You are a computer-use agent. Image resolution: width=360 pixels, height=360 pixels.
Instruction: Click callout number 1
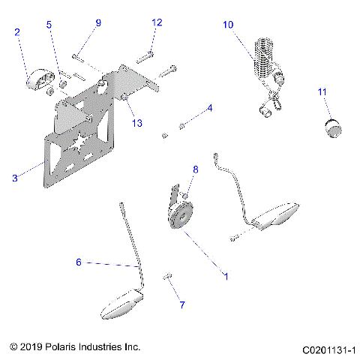pos(226,275)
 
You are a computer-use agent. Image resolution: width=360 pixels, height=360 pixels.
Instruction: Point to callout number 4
pos(210,108)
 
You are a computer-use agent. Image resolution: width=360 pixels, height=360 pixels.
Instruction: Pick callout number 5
pos(49,25)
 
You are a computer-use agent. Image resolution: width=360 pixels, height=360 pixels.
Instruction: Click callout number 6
pos(78,262)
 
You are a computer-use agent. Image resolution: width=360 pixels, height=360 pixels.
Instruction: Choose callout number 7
pos(179,304)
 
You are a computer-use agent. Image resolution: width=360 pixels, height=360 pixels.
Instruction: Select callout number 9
pos(97,23)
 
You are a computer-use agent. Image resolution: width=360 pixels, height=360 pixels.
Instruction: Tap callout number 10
pos(228,25)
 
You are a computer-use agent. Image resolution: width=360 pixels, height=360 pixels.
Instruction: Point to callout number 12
pos(156,22)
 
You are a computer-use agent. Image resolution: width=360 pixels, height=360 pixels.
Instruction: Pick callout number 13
pos(136,123)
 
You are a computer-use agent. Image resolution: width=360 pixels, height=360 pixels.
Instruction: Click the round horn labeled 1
pos(181,217)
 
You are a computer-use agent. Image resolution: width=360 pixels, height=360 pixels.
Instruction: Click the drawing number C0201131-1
pos(328,349)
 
